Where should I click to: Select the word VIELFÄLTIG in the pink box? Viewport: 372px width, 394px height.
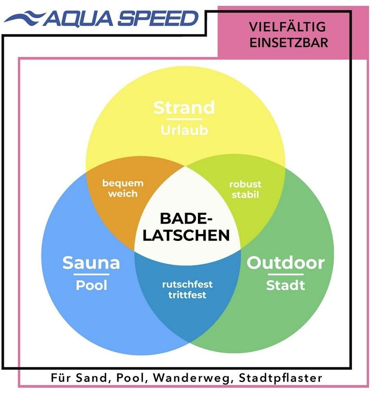coord(287,27)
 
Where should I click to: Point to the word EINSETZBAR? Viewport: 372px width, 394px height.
coord(289,43)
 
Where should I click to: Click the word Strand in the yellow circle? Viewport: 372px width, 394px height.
coord(184,108)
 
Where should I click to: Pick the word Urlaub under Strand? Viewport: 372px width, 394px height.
coord(184,131)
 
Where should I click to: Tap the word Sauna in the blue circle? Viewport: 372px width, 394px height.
coord(91,263)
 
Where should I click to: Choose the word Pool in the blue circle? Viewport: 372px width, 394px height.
coord(91,285)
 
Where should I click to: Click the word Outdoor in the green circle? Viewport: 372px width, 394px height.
coord(285,263)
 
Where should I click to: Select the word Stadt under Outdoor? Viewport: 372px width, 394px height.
coord(285,285)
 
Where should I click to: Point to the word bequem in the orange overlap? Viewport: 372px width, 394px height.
coord(123,183)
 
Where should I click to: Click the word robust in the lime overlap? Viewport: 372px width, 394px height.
coord(245,184)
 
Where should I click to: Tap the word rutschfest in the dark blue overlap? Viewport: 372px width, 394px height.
coord(187,284)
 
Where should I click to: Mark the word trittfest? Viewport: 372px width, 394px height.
coord(187,294)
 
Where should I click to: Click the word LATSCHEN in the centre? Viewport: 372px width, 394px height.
coord(188,235)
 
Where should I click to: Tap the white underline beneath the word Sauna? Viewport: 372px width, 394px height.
coord(91,274)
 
